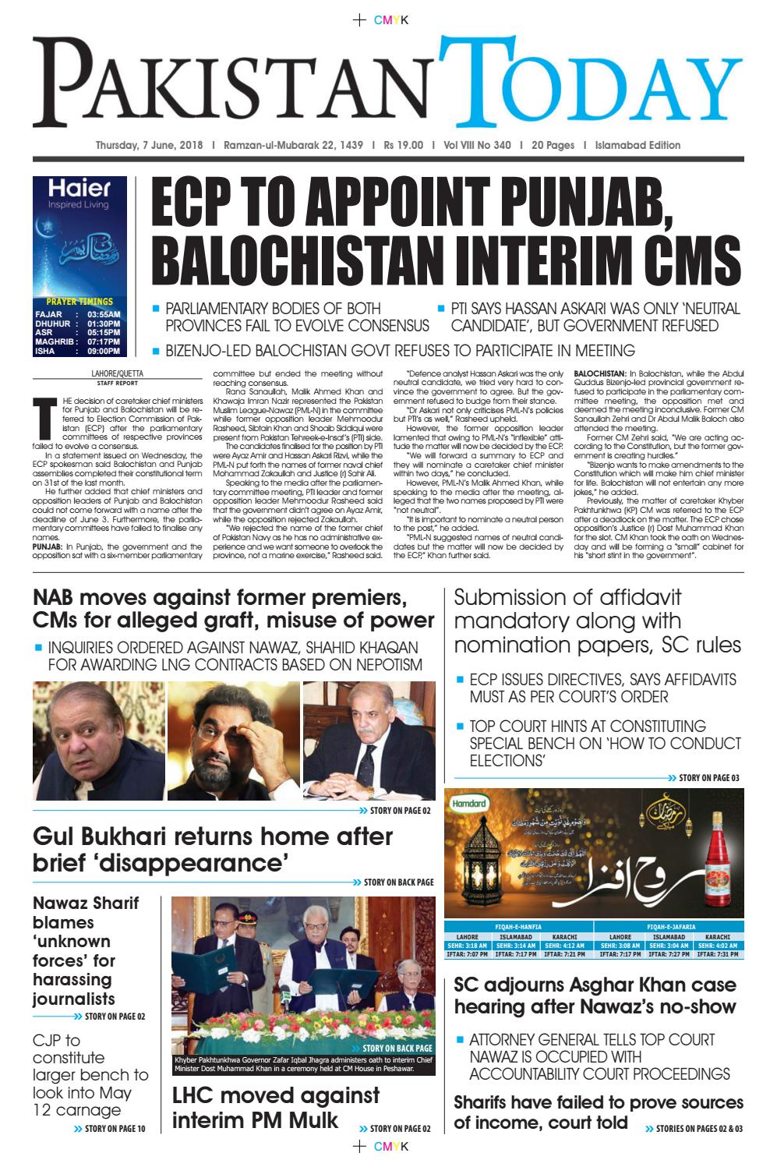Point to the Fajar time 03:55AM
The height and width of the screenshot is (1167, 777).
tap(104, 314)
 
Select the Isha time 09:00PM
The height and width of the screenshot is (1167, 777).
tap(104, 352)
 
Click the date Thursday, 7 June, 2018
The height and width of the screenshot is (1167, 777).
tap(149, 145)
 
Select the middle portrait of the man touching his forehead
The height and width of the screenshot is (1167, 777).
tap(233, 741)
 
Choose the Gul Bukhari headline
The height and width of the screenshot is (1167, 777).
tap(212, 849)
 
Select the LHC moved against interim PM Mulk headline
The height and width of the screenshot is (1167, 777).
tap(275, 1107)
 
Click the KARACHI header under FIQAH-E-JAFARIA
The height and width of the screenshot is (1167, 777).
tap(717, 936)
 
